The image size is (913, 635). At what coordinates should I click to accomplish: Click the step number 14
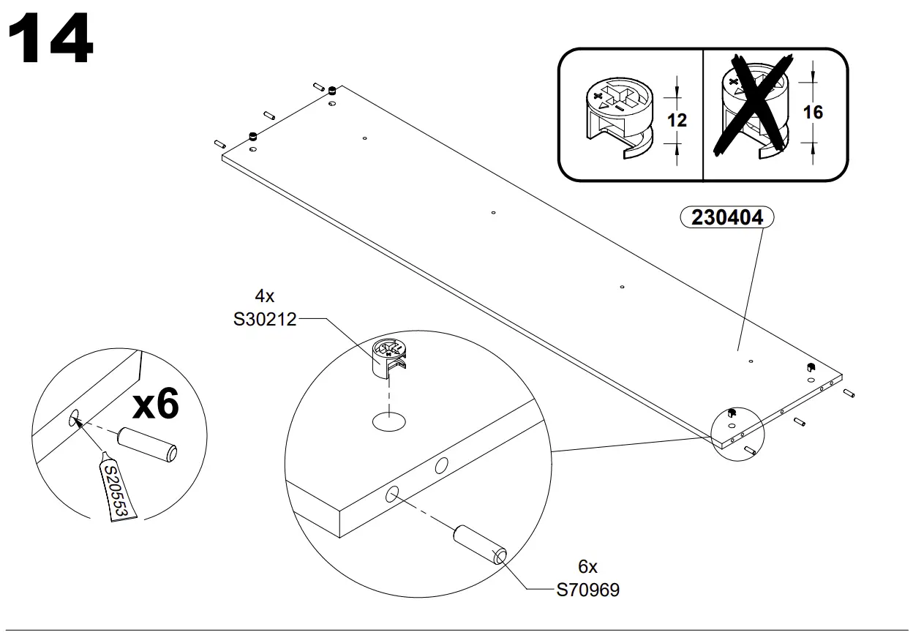50,40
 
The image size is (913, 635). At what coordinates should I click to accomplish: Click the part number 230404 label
726,217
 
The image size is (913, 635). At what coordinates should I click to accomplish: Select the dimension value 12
677,119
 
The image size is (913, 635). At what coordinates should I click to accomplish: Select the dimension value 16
813,112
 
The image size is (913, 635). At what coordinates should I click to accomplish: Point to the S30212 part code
264,319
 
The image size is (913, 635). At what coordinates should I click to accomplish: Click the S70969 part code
587,590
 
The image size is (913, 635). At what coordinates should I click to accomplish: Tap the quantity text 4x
264,296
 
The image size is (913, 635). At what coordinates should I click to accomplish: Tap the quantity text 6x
587,566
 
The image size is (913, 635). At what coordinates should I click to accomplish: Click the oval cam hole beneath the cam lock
389,421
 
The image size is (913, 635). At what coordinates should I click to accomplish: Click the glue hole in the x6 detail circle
75,418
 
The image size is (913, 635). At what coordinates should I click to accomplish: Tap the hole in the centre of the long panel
493,213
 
